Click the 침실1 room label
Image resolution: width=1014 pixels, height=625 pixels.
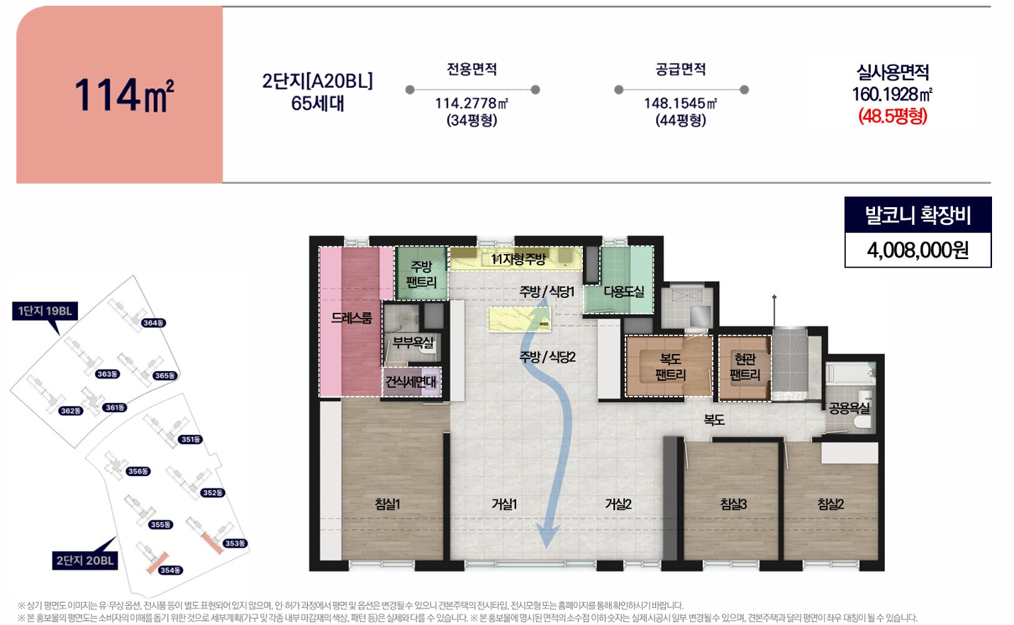387,504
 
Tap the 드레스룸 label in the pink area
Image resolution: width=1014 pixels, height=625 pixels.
352,318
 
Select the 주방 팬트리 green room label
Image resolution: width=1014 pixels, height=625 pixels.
421,274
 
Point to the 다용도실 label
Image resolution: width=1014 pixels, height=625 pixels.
624,292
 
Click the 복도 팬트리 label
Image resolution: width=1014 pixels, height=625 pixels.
670,367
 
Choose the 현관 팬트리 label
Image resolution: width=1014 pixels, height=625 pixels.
745,367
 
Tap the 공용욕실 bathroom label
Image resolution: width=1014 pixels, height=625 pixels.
849,409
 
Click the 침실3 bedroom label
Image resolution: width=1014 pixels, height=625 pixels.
733,504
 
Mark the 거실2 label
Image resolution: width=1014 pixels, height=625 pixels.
618,504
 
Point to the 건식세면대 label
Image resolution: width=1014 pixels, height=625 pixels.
411,382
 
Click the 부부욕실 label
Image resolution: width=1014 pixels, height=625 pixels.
413,343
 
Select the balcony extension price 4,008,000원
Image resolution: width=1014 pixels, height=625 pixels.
918,250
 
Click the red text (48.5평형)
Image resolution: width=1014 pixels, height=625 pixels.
893,116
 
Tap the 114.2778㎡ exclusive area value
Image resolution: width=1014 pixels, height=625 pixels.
472,104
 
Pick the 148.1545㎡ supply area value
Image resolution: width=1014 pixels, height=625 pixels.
681,104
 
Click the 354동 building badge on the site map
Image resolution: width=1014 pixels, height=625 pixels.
171,570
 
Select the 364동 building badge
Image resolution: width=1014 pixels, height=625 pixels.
153,323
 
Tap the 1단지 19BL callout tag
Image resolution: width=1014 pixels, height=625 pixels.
45,311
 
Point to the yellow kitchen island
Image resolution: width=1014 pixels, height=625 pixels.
519,319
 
